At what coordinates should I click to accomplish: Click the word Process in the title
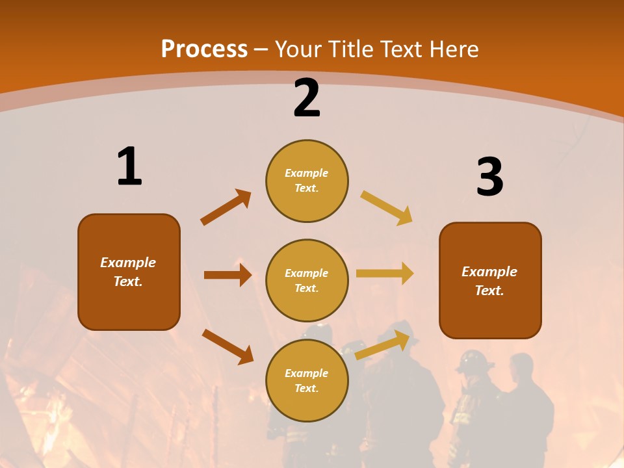point(204,49)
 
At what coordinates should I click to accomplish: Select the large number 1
point(129,166)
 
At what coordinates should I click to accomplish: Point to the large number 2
point(307,98)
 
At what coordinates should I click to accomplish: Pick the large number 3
point(489,177)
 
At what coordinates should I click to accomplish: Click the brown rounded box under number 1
point(129,272)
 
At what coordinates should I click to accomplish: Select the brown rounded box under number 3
point(490,281)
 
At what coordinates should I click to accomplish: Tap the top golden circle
point(307,181)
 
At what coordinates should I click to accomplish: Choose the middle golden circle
point(307,281)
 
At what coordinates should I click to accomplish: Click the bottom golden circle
point(307,381)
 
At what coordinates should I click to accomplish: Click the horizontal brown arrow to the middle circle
point(227,275)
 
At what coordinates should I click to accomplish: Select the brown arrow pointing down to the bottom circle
point(227,346)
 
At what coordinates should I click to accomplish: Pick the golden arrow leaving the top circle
point(387,207)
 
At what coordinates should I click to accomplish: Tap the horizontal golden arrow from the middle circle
point(385,274)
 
